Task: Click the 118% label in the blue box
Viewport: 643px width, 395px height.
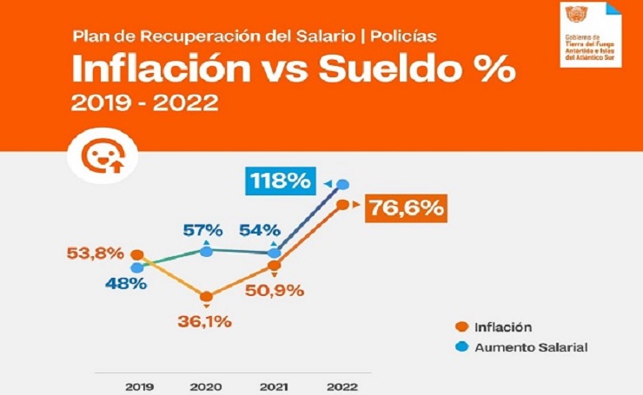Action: click(280, 182)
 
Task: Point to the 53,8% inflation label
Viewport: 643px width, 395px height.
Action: click(96, 253)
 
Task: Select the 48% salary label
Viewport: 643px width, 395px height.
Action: click(127, 284)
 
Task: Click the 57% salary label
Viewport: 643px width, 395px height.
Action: click(202, 231)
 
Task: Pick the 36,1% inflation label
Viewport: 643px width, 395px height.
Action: click(206, 321)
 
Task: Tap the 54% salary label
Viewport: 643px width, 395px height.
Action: click(259, 231)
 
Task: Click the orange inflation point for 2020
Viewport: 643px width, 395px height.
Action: click(206, 296)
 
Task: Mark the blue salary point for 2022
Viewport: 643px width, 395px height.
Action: click(343, 184)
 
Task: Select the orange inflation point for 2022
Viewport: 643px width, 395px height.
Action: click(343, 205)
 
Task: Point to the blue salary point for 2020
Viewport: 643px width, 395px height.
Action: click(206, 251)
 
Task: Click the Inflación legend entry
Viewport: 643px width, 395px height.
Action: click(502, 326)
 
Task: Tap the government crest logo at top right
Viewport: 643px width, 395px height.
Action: click(575, 15)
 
